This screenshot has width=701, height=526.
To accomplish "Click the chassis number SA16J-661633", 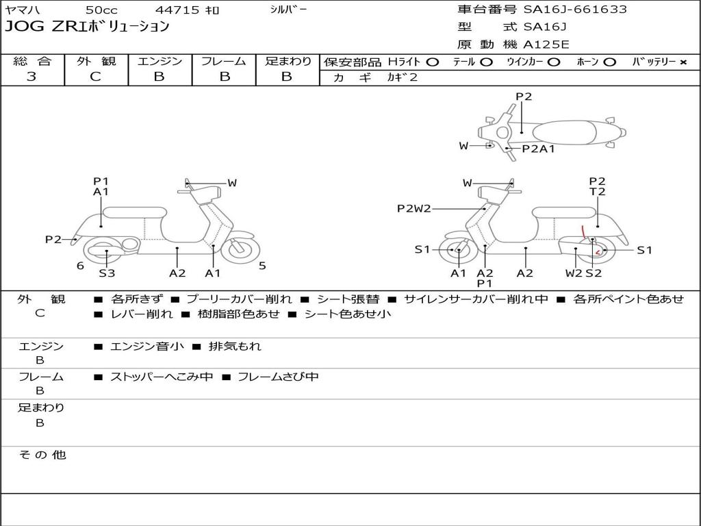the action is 575,9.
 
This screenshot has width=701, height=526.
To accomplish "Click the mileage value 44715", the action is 177,10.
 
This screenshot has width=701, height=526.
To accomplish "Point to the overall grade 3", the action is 31,77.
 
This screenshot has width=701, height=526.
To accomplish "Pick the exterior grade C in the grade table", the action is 95,77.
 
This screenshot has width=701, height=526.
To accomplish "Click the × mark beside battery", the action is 683,62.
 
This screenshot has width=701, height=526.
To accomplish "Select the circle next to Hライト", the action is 432,62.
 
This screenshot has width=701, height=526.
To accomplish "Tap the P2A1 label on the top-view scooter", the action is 538,149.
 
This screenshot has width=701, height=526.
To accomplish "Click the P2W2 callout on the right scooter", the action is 413,208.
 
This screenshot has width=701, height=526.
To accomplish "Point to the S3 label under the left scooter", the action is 107,273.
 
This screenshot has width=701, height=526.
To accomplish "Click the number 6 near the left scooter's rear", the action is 80,266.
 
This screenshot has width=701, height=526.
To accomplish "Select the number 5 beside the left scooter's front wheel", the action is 262,266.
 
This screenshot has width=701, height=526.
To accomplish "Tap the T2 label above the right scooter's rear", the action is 597,192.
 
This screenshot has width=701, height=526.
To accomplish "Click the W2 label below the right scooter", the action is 574,273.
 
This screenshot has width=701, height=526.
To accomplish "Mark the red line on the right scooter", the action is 583,231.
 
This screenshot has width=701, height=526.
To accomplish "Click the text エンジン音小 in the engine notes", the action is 146,346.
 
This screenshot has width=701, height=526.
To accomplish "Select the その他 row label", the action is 42,455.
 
